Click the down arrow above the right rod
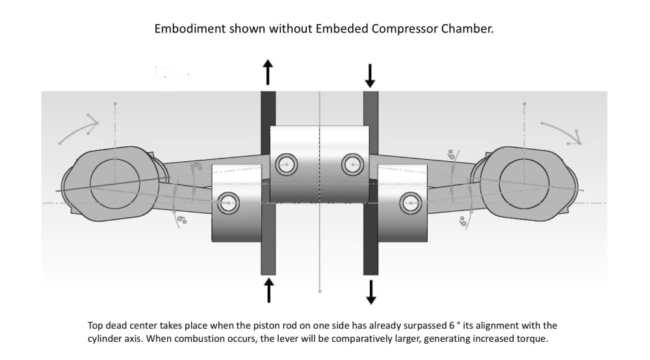(x=370, y=75)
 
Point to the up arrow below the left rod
(x=268, y=289)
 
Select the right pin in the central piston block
(x=352, y=164)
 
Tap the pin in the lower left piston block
(x=228, y=203)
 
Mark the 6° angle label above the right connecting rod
(x=451, y=155)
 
